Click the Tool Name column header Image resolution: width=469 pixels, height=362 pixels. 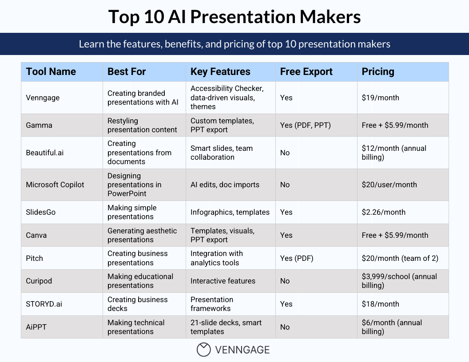pos(51,72)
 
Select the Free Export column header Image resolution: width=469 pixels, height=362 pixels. pos(306,72)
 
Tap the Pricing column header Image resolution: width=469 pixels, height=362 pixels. pos(378,72)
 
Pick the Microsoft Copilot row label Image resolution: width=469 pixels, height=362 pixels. pos(55,185)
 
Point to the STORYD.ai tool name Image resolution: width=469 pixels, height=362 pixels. pos(44,304)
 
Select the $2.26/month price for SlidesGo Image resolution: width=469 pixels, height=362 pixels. pos(384,212)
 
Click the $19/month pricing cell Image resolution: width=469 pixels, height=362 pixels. pos(381,98)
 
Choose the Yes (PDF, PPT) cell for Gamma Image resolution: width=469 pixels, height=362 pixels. pos(306,125)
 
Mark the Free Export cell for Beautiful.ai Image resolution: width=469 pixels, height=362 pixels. pos(285,153)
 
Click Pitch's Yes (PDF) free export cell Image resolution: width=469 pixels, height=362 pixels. pos(297,258)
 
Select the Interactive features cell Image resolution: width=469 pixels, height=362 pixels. pos(223,281)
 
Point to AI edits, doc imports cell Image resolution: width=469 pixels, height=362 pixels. pos(225,185)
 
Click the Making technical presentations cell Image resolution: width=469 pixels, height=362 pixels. pos(136,327)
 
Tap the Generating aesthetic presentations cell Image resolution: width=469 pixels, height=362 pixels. pos(142,235)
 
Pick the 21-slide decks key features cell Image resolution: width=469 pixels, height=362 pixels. pos(226,327)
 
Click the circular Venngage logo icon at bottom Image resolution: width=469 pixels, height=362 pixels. pos(203,350)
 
